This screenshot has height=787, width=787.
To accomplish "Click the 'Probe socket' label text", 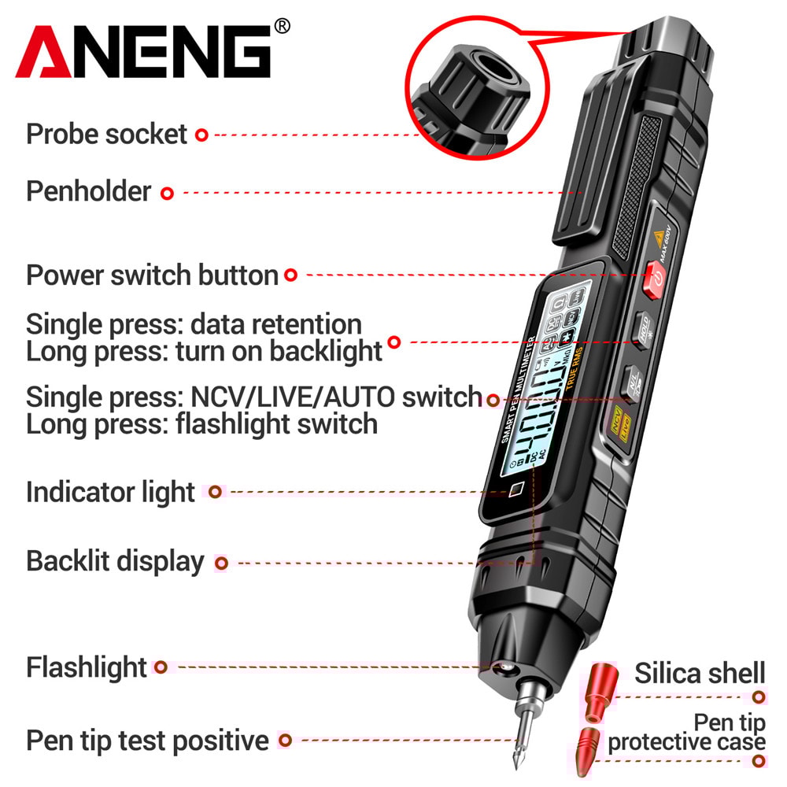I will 106,134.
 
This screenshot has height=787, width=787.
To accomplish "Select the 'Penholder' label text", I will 88,191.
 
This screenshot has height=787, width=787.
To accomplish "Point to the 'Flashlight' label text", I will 87,667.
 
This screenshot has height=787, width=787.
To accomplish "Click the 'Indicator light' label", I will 110,493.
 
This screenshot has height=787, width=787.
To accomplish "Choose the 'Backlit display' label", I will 115,562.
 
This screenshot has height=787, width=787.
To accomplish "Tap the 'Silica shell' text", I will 700,673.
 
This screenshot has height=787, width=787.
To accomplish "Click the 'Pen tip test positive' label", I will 147,741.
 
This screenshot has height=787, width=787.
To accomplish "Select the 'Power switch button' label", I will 152,275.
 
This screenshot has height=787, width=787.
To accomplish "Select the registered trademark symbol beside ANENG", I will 282,27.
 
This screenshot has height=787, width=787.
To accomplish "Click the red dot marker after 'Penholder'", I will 167,192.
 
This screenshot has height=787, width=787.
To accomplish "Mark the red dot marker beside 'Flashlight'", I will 161,667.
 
